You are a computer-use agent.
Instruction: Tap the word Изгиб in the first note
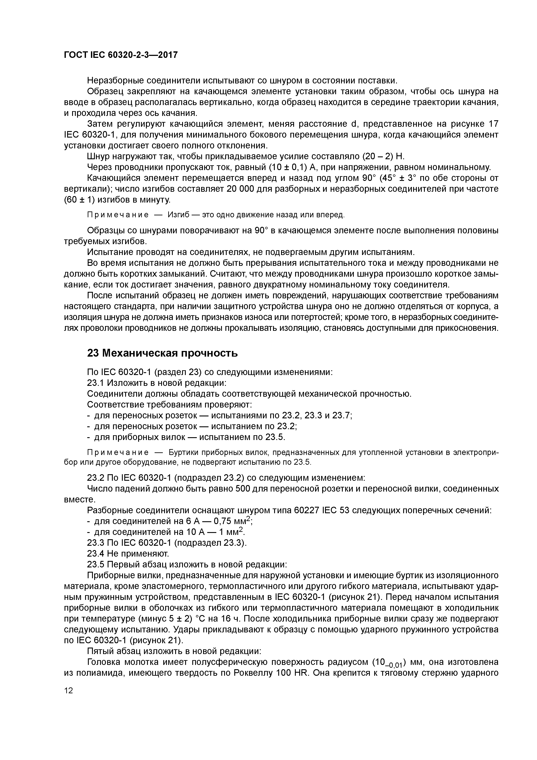(x=178, y=215)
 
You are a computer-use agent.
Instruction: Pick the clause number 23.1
(x=96, y=383)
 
